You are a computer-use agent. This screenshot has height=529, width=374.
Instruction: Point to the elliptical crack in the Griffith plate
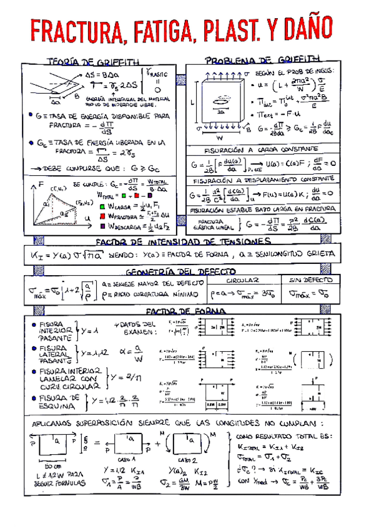click(221, 104)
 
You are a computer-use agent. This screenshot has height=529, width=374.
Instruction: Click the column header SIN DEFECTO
click(313, 281)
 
